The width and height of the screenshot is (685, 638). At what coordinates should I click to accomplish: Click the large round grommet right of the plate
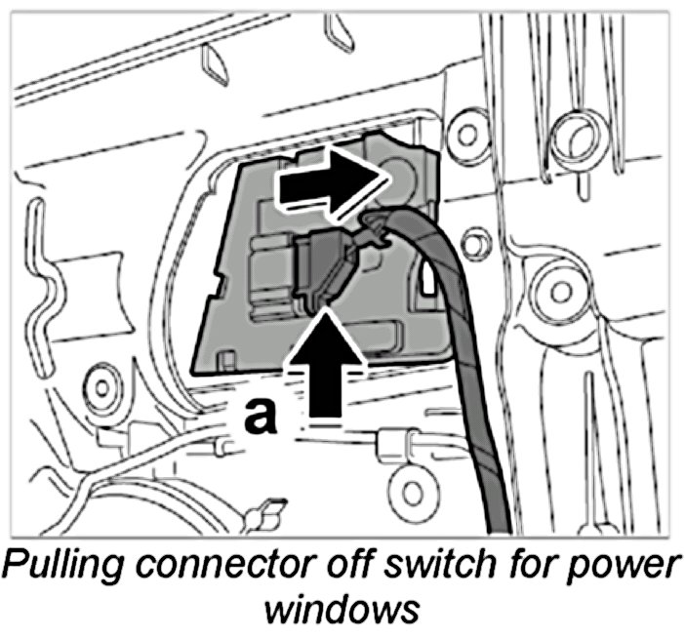pos(575,136)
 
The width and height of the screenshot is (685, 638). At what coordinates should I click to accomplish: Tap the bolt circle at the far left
pos(101,381)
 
